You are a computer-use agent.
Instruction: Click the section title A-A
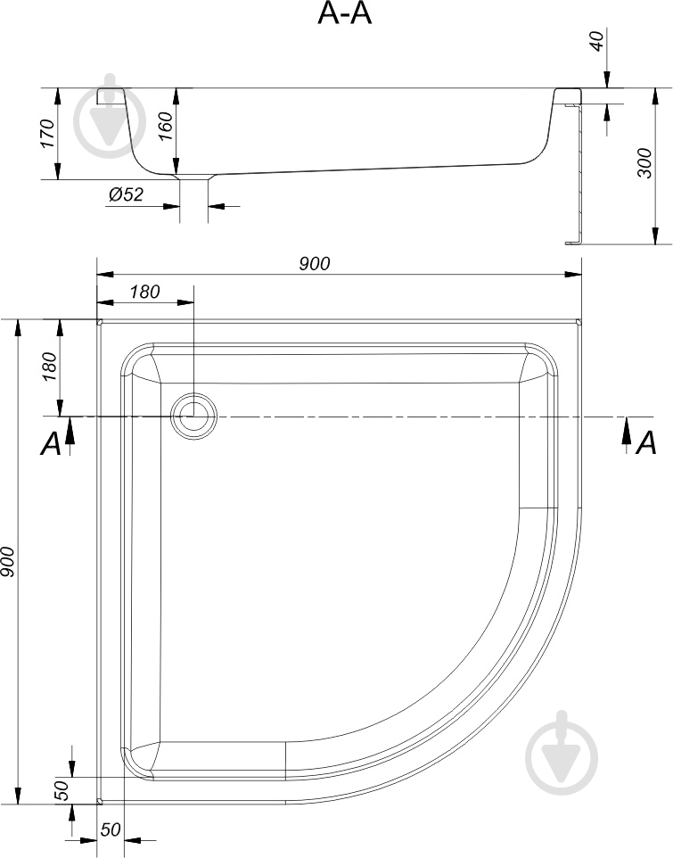coord(344,14)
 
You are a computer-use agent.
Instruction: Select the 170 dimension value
coord(48,134)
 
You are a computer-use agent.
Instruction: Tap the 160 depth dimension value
coord(164,128)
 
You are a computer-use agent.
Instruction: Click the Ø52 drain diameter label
coord(126,195)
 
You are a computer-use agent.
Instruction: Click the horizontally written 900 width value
coord(314,263)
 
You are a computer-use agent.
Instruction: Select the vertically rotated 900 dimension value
coord(8,562)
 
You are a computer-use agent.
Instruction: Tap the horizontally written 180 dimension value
coord(144,292)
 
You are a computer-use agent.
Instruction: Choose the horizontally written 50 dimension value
coord(110,829)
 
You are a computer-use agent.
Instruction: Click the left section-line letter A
coord(51,443)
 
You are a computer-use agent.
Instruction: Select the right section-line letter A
coord(647,441)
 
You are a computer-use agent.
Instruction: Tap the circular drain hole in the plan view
coord(193,416)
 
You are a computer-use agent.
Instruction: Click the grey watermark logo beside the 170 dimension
coord(111,116)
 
